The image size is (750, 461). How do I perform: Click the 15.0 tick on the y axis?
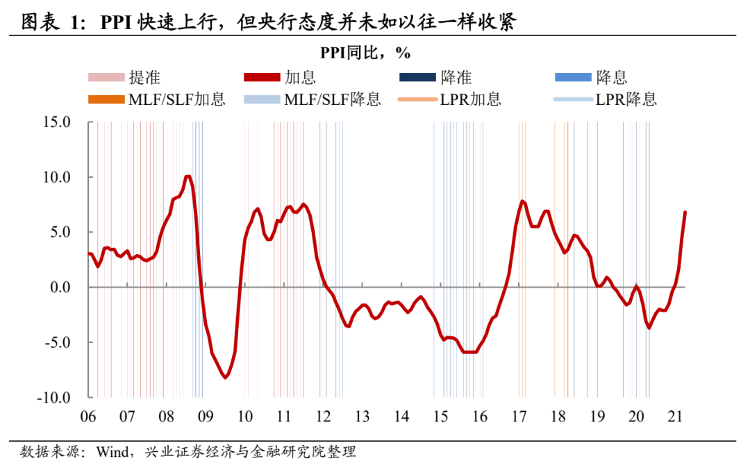click(x=57, y=122)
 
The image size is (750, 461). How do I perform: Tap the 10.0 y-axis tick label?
click(x=57, y=177)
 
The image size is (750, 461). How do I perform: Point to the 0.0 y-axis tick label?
click(x=60, y=287)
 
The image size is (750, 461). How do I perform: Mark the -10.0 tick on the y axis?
click(x=55, y=398)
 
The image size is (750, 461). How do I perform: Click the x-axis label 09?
click(x=205, y=417)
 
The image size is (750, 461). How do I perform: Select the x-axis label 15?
click(x=440, y=417)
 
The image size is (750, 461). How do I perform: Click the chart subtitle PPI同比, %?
click(x=375, y=52)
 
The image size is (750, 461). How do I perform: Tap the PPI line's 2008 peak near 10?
click(x=187, y=176)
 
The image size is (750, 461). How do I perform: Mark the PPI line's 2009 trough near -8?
click(x=225, y=377)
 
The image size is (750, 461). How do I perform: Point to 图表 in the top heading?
click(x=39, y=22)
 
